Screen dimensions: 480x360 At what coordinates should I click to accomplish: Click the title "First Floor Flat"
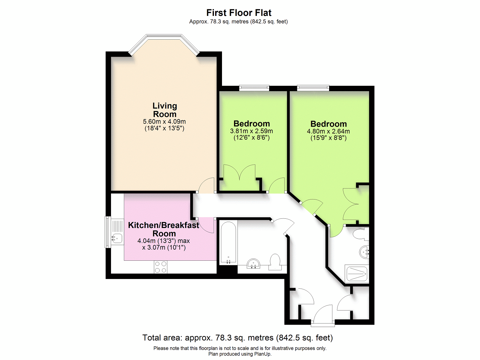coord(239,13)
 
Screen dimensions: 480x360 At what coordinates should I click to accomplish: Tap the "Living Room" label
coord(165,110)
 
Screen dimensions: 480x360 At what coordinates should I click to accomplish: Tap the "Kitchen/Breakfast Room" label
coord(163,229)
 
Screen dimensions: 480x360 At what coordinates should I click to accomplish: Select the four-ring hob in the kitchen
coord(161,267)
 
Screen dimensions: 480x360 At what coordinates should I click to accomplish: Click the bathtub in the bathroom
coord(228,242)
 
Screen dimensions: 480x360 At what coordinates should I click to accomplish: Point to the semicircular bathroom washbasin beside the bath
coord(253,263)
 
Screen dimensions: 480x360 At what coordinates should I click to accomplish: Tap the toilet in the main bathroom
coord(275,262)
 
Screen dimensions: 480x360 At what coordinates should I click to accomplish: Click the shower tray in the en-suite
coord(357,274)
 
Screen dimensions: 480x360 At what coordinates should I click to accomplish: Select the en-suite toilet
coord(361,234)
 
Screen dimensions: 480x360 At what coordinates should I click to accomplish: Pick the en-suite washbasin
coord(364,252)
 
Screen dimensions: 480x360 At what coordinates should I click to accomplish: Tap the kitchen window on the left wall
coord(108,232)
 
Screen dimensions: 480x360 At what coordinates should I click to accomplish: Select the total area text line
coord(238,338)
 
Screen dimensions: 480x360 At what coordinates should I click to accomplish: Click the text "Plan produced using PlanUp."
coord(240,354)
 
